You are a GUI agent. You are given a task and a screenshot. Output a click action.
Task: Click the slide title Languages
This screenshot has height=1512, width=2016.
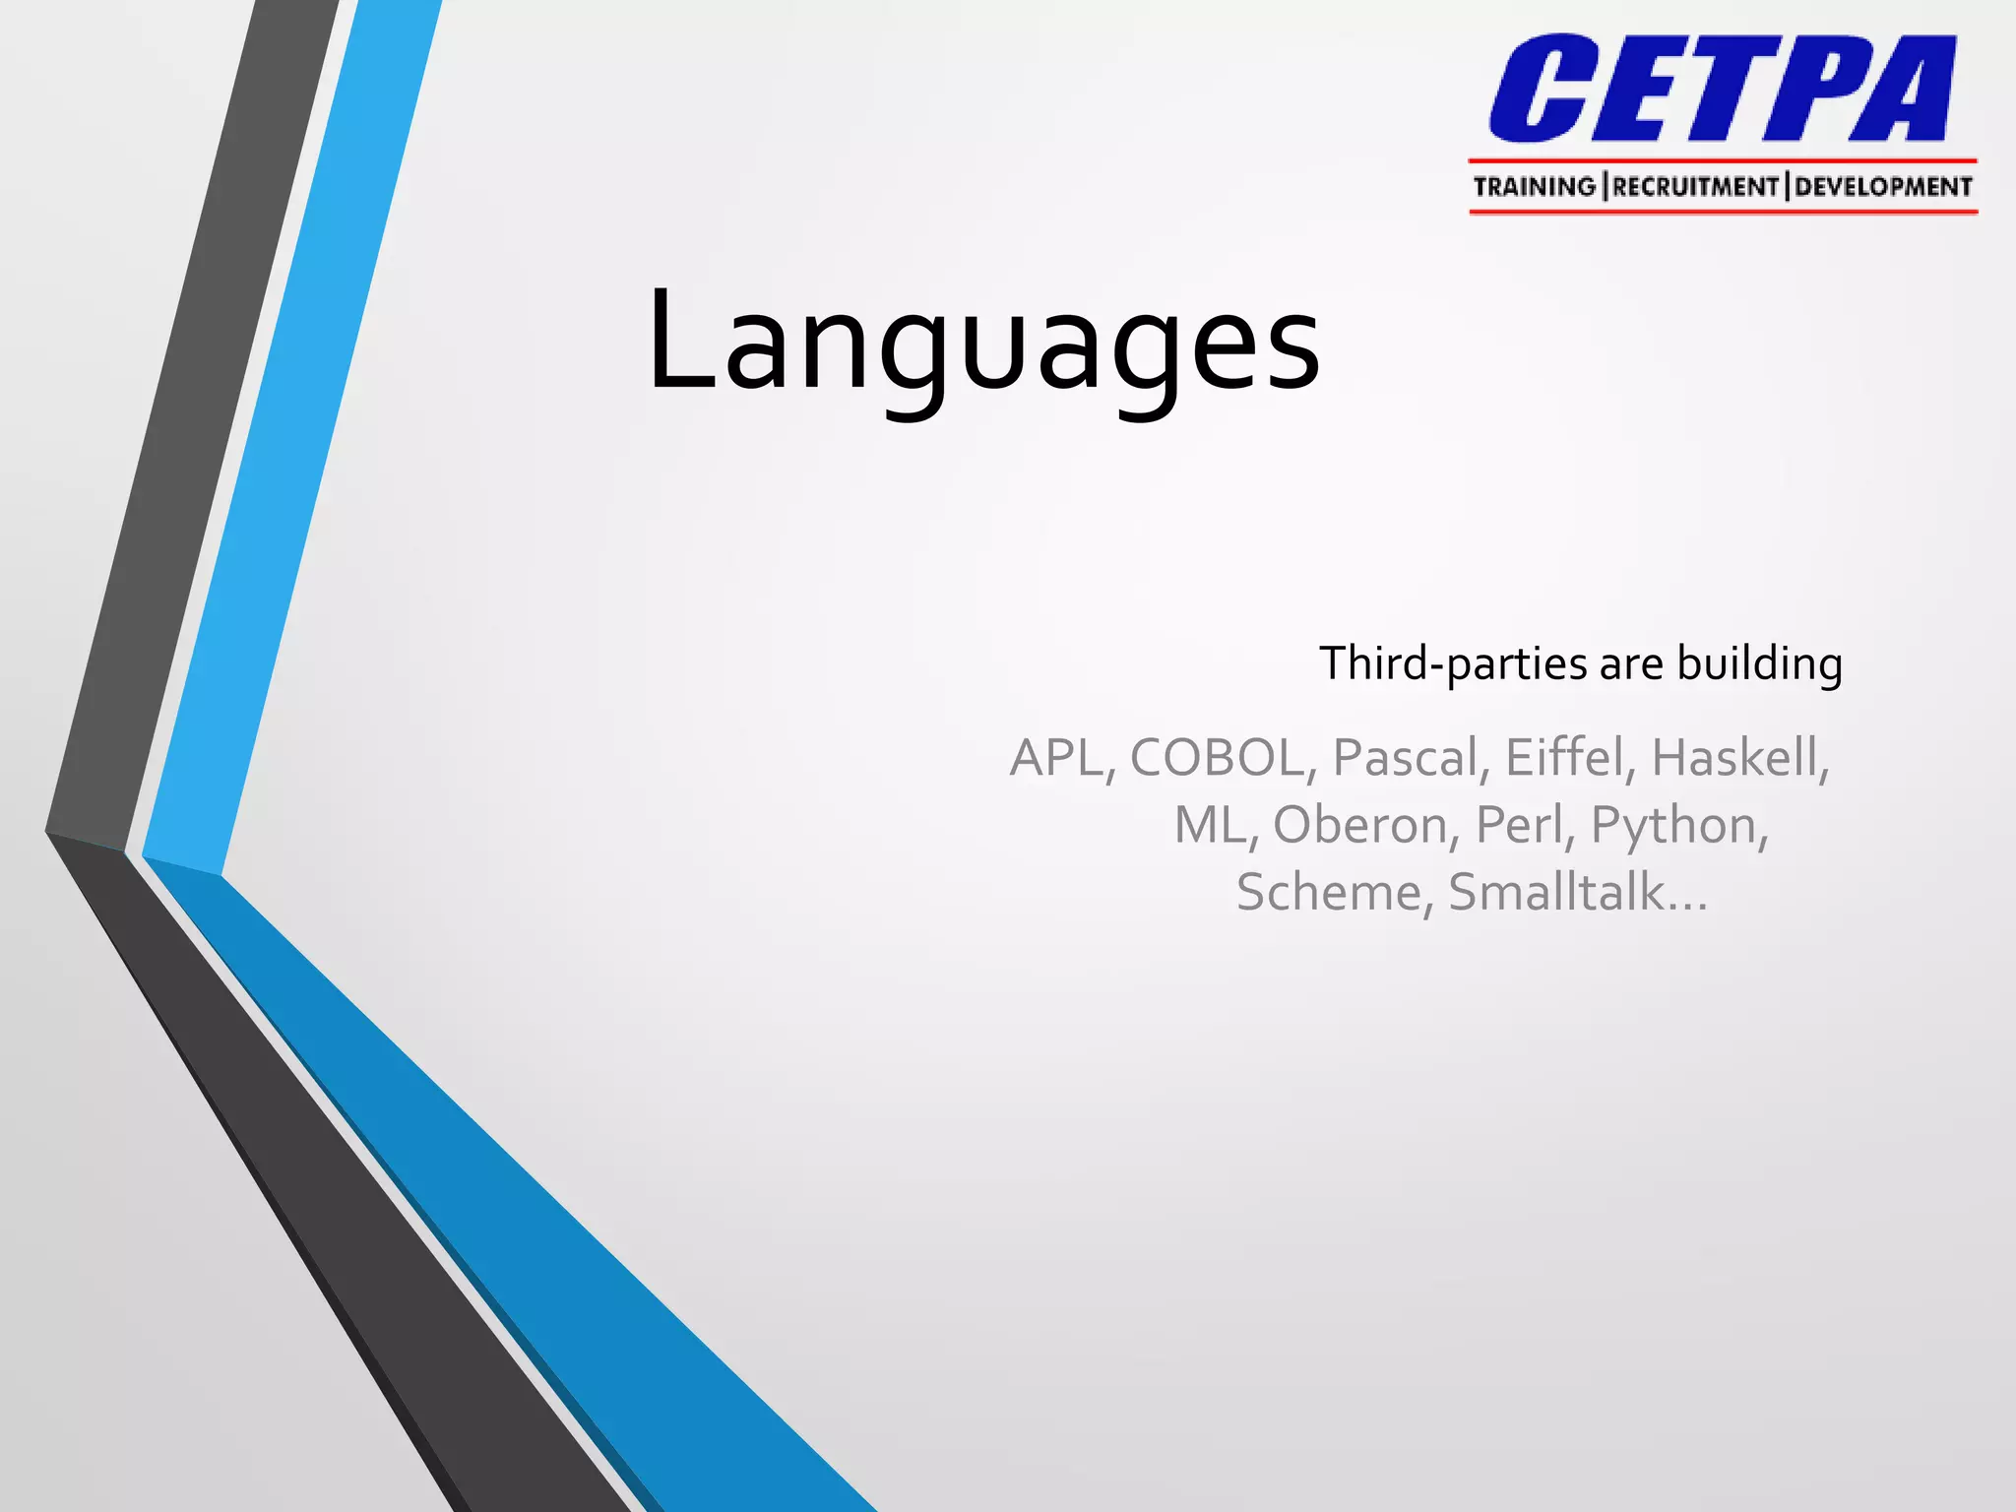point(982,340)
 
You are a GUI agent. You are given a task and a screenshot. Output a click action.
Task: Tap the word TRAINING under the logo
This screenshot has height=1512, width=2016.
point(1534,187)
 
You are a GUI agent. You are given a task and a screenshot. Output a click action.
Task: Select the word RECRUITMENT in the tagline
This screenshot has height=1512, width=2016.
point(1695,187)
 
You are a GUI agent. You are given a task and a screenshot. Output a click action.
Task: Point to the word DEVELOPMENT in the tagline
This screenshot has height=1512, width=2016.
point(1883,187)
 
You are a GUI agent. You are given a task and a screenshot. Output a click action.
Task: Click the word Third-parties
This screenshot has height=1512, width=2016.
point(1453,663)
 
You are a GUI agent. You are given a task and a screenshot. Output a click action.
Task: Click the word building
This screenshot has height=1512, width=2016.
point(1759,663)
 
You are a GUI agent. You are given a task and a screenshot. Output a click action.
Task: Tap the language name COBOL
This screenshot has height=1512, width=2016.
point(1217,758)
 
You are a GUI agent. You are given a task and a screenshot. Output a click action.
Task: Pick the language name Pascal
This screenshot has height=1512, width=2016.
point(1405,758)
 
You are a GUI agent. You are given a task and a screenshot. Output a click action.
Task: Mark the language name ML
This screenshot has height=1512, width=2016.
point(1210,825)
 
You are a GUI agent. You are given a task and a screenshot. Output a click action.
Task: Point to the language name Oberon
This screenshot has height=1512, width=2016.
point(1360,825)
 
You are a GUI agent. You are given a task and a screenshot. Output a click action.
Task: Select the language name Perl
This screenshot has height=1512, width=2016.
point(1519,825)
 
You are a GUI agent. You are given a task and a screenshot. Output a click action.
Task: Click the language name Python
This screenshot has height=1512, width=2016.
point(1673,825)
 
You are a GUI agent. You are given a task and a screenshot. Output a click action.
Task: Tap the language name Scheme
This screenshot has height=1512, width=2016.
point(1328,893)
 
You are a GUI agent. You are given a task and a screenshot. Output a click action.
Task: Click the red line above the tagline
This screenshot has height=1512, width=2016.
point(1723,160)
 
